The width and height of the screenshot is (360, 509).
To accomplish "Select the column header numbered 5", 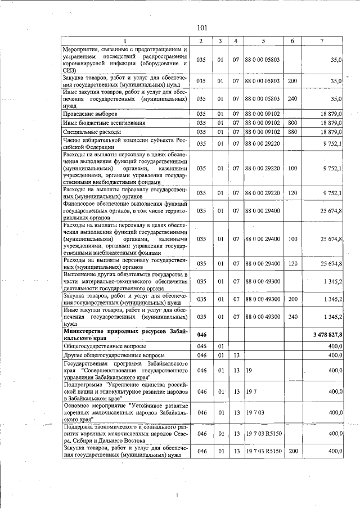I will click(x=263, y=40).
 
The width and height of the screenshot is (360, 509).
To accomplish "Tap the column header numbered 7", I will click(x=321, y=40).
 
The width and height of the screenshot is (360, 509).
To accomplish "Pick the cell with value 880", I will click(x=292, y=132).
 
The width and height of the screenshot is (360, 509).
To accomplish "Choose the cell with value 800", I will click(x=292, y=122).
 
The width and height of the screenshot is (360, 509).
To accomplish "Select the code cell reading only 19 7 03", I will click(x=255, y=412).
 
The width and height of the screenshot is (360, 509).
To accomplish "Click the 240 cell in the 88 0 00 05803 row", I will click(x=292, y=98).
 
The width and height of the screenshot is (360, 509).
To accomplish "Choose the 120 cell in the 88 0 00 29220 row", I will click(x=292, y=193).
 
